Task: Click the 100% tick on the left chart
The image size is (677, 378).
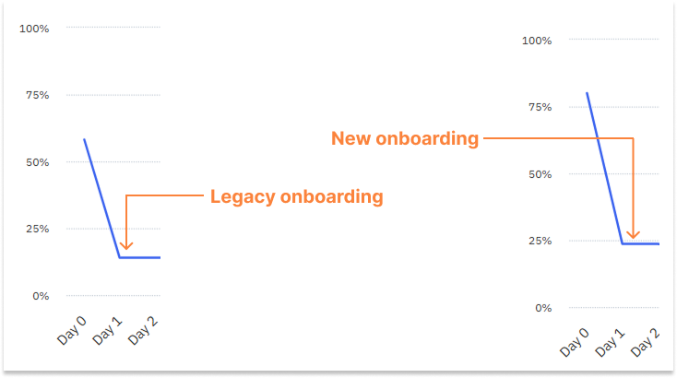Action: click(34, 29)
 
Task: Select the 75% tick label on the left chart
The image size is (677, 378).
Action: click(36, 95)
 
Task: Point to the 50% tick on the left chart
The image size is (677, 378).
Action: click(36, 162)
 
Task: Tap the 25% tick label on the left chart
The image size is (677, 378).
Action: click(36, 229)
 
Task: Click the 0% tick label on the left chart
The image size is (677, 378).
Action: click(40, 296)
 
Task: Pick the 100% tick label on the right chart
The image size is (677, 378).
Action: click(537, 41)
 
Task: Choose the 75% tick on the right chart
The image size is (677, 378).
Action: click(539, 107)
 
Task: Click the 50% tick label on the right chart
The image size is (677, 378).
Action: click(539, 174)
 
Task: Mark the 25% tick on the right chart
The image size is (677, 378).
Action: click(539, 241)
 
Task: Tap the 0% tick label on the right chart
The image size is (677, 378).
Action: click(542, 308)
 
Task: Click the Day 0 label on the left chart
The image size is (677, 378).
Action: click(73, 329)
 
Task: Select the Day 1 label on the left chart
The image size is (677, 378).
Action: click(109, 329)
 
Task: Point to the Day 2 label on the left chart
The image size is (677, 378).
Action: click(145, 329)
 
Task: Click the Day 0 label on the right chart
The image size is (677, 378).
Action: click(573, 341)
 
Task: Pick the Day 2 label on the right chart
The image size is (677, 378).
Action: click(645, 341)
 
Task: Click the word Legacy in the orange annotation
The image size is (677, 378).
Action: click(242, 196)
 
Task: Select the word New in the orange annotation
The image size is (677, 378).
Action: click(350, 139)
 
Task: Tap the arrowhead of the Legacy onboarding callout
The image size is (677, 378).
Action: click(125, 245)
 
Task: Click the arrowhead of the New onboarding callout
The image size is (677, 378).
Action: click(633, 233)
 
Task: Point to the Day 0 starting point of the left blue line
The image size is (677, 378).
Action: click(84, 139)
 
